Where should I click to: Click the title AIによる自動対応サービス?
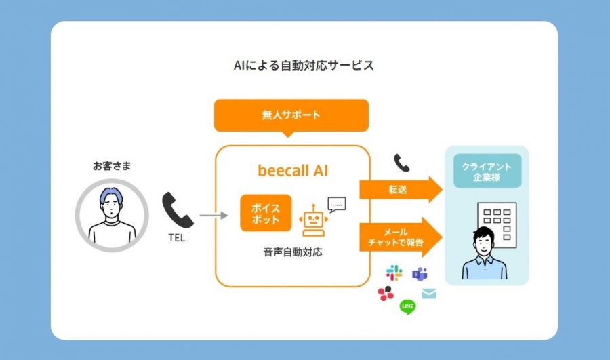pyautogui.click(x=304, y=65)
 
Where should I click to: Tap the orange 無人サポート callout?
pyautogui.click(x=291, y=116)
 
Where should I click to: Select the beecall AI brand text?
pyautogui.click(x=293, y=170)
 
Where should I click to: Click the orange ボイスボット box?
pyautogui.click(x=266, y=213)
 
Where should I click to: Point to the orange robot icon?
pyautogui.click(x=313, y=220)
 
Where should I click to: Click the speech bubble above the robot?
pyautogui.click(x=336, y=204)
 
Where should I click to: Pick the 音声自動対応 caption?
pyautogui.click(x=293, y=252)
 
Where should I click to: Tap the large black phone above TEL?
pyautogui.click(x=178, y=210)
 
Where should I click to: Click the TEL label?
pyautogui.click(x=177, y=238)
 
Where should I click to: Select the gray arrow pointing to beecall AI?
pyautogui.click(x=213, y=215)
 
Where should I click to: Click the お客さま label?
pyautogui.click(x=112, y=166)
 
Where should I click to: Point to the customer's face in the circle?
pyautogui.click(x=112, y=206)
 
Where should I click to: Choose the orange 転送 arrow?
pyautogui.click(x=401, y=190)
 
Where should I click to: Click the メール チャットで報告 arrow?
pyautogui.click(x=401, y=237)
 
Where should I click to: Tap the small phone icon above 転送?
pyautogui.click(x=401, y=163)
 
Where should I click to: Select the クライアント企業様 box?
pyautogui.click(x=487, y=172)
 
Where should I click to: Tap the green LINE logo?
pyautogui.click(x=407, y=306)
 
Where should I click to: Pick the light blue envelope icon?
pyautogui.click(x=429, y=293)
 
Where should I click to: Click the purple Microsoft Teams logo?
pyautogui.click(x=420, y=275)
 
